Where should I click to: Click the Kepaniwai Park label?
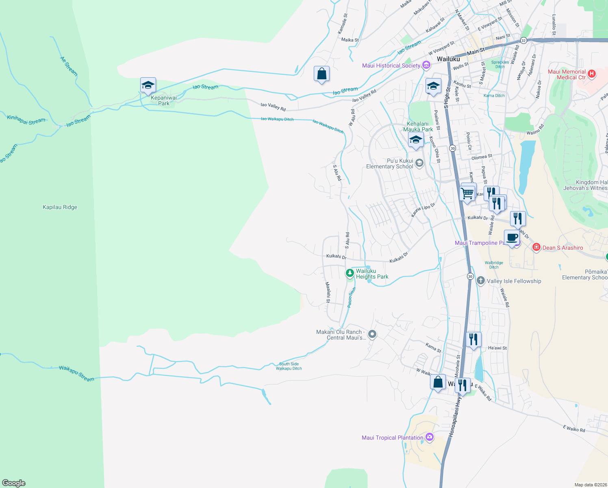coord(164,100)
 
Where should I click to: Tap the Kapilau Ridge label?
coord(60,207)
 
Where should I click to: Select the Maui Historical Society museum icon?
coord(426,65)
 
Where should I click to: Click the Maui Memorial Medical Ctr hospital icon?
coord(592,74)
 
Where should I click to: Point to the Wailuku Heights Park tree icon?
coord(350,273)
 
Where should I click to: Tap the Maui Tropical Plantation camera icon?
coord(430,437)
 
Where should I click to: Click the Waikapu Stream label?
coord(76,373)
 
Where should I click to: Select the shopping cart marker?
coord(468,193)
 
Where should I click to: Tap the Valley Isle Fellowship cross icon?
coord(480,281)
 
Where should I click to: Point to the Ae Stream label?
coord(69,66)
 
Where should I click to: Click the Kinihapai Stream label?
coord(26,120)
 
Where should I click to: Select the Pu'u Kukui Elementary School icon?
coord(419,163)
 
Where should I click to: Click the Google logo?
coord(14,483)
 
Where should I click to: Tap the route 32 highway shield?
coord(523,41)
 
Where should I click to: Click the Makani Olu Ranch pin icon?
coord(372,334)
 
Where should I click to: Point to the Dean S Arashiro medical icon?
coord(536,247)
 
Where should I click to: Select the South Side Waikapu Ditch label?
coord(289,366)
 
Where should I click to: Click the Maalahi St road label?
coord(328,292)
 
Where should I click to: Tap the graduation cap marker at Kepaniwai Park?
coord(148,85)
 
